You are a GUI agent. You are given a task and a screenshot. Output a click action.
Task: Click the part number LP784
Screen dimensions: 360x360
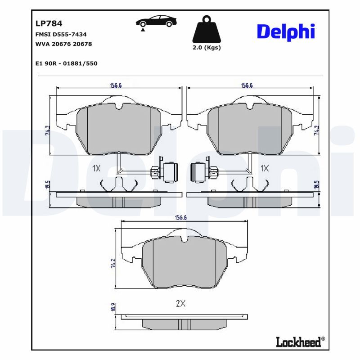(x=49, y=23)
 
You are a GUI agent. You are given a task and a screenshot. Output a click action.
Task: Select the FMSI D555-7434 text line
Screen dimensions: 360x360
(x=61, y=34)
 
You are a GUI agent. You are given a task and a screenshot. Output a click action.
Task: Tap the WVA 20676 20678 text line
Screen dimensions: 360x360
(x=63, y=44)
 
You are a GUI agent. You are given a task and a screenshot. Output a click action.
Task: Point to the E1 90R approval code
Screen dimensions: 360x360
(x=66, y=63)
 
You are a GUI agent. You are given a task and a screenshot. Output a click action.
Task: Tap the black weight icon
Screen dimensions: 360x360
(x=207, y=30)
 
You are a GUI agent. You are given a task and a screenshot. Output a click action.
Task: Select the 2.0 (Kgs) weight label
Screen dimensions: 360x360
(x=207, y=48)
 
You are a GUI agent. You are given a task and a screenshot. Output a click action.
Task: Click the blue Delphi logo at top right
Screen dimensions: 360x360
(x=285, y=31)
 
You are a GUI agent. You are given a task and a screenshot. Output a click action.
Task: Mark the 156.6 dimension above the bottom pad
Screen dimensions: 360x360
(x=180, y=218)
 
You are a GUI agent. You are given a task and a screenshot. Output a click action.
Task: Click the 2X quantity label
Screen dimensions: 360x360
(x=180, y=304)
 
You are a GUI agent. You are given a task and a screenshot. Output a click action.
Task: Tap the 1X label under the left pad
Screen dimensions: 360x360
(x=96, y=168)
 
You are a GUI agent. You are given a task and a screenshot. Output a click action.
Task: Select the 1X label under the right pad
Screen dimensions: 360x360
(x=265, y=168)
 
